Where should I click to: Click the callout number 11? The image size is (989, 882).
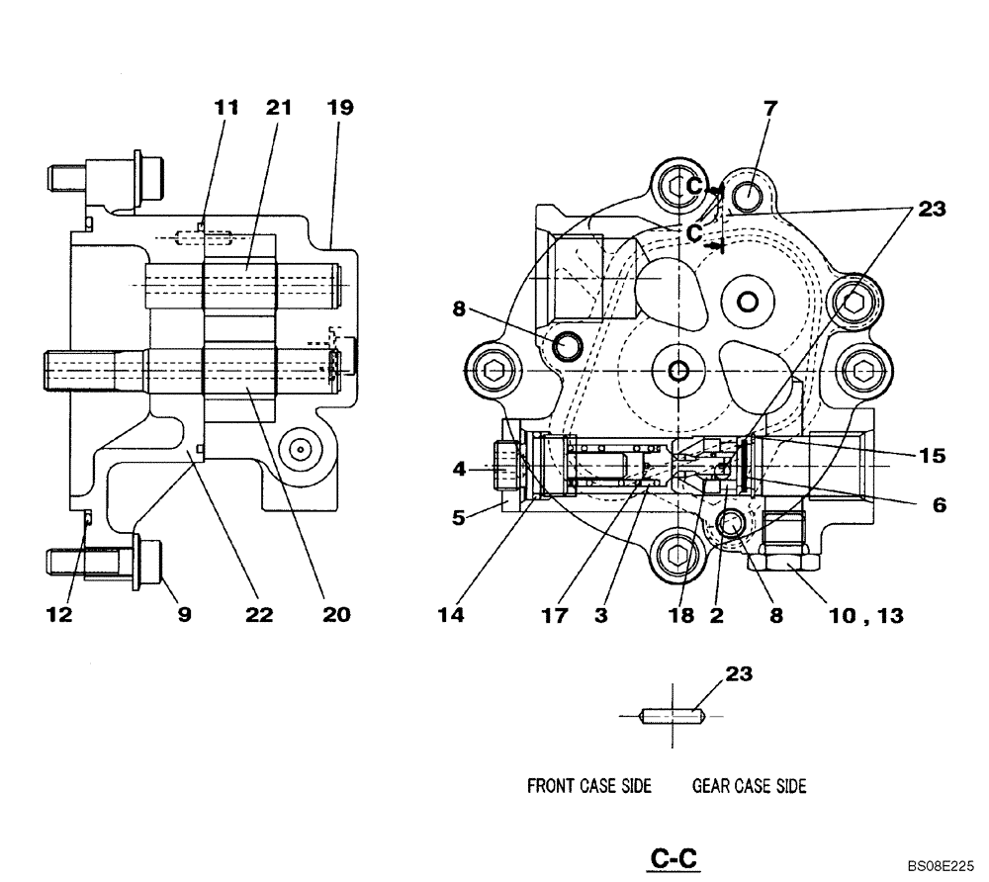pos(227,108)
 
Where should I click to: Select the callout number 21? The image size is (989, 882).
pos(278,108)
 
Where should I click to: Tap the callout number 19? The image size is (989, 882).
pos(339,108)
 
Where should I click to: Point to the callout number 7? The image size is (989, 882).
pos(769,108)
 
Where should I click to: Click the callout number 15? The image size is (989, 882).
pos(932,456)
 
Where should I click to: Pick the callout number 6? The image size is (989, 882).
pos(939,504)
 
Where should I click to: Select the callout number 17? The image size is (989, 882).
pos(555,615)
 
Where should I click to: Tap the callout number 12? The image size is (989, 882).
pos(59,615)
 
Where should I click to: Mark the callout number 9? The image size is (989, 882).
pos(184,615)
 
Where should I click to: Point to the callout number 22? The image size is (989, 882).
pos(259,615)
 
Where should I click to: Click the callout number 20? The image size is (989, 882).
pos(336,615)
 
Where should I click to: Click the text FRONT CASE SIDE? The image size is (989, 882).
pos(588,786)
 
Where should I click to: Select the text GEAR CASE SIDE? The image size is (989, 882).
pos(749,786)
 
